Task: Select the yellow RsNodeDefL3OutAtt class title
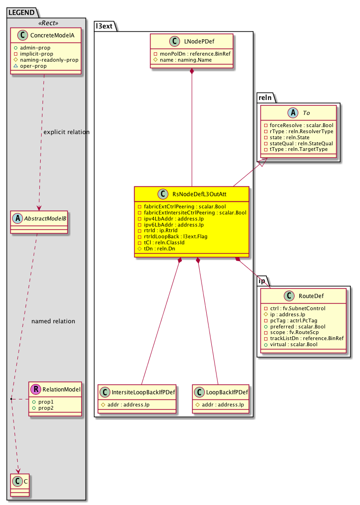pos(197,194)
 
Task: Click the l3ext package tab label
pos(103,26)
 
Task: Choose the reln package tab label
pos(266,96)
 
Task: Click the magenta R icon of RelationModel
pos(35,389)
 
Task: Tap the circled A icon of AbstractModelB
pos(17,217)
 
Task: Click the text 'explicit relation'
pos(66,132)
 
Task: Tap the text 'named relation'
pos(53,321)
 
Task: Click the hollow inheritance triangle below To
pos(263,162)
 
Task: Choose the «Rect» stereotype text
pos(45,22)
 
